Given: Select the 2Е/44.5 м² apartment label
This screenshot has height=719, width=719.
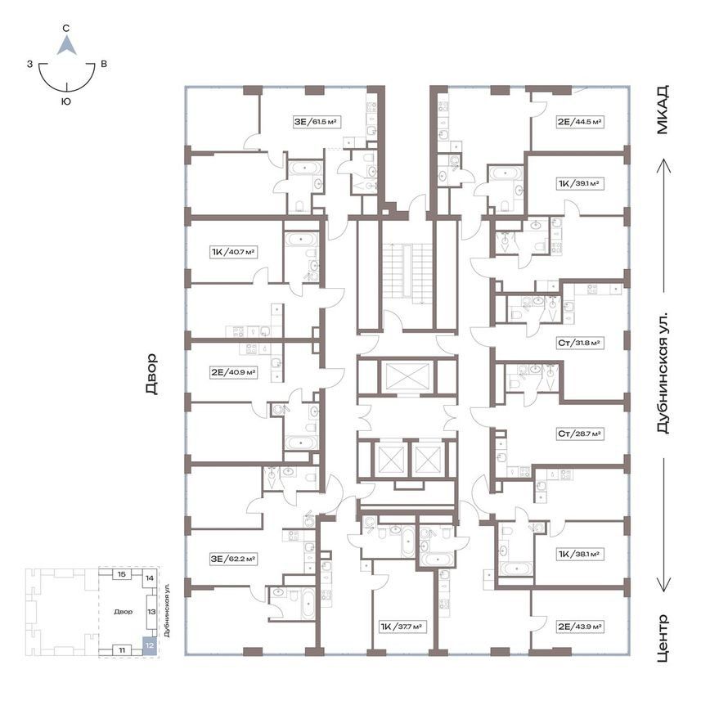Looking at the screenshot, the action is tap(580, 122).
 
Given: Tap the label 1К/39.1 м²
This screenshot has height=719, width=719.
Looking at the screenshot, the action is tap(580, 183).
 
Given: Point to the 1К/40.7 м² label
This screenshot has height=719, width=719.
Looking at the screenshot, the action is tap(233, 252).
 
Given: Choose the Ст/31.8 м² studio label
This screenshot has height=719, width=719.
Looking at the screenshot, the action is tap(580, 343).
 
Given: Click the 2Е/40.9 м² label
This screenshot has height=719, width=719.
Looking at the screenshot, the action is tap(233, 372).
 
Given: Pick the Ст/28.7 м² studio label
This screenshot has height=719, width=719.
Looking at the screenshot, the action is tap(580, 434).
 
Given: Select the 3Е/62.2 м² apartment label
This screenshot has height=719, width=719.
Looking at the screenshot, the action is tap(233, 559).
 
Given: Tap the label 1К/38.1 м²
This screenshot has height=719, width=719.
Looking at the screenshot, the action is tap(580, 555).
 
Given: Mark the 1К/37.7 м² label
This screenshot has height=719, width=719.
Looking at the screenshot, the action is tap(402, 627).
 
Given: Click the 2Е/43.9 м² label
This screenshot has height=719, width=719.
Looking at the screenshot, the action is tap(580, 627).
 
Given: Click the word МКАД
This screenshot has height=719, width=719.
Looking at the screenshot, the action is tap(662, 110).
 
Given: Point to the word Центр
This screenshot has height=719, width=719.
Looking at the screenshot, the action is tap(663, 638).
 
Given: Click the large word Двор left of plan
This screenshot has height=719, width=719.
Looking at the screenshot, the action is tap(151, 374).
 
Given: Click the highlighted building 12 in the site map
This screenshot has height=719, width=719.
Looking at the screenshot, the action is tap(150, 645).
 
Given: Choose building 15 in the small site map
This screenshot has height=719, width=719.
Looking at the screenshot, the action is tap(122, 574).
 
